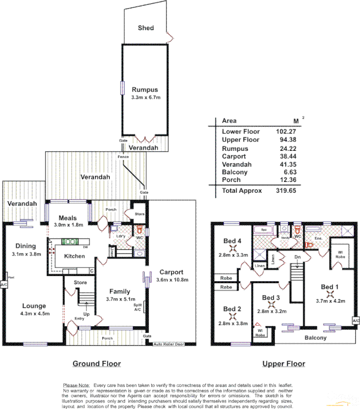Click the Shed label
tap(146, 28)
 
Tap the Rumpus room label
tap(146, 89)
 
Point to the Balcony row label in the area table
tap(234, 172)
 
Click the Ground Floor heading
tap(97, 364)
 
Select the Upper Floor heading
tap(283, 364)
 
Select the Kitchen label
tap(74, 256)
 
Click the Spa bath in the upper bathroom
tap(265, 231)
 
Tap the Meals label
tap(67, 218)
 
